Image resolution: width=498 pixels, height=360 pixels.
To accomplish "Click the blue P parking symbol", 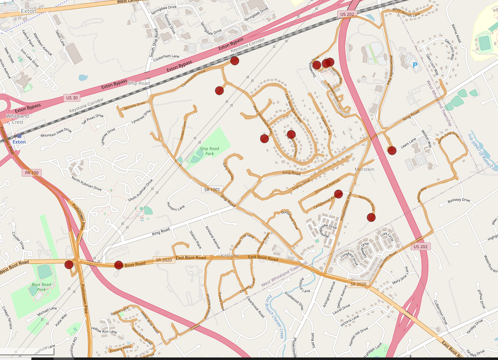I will coord(415,65).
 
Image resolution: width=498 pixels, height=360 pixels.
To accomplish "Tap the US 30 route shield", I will coord(71,98).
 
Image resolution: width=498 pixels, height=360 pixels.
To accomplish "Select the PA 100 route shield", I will coord(32,173).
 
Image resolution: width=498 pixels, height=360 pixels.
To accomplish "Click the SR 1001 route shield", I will coord(211,189).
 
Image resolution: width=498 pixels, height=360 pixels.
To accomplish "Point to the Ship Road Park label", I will coord(209,151).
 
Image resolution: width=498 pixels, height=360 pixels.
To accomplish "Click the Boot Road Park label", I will coord(41,287).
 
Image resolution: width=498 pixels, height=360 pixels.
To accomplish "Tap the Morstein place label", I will coord(364,169).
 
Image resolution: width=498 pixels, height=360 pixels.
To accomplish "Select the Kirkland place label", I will coord(230,256).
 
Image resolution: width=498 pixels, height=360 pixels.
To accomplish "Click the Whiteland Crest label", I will coord(17,119).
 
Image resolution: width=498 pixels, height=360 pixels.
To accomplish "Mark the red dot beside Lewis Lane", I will coord(392,150).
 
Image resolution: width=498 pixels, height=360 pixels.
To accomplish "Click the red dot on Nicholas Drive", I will coord(371,217).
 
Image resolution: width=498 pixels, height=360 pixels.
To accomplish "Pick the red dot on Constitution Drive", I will coord(235,61).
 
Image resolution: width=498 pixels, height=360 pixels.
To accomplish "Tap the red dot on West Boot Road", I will coord(69,265).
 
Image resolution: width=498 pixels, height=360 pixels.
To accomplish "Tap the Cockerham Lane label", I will coord(166,57).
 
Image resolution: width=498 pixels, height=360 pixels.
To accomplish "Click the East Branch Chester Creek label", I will coord(275,317).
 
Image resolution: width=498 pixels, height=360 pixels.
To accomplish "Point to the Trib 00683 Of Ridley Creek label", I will coord(482,151).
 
